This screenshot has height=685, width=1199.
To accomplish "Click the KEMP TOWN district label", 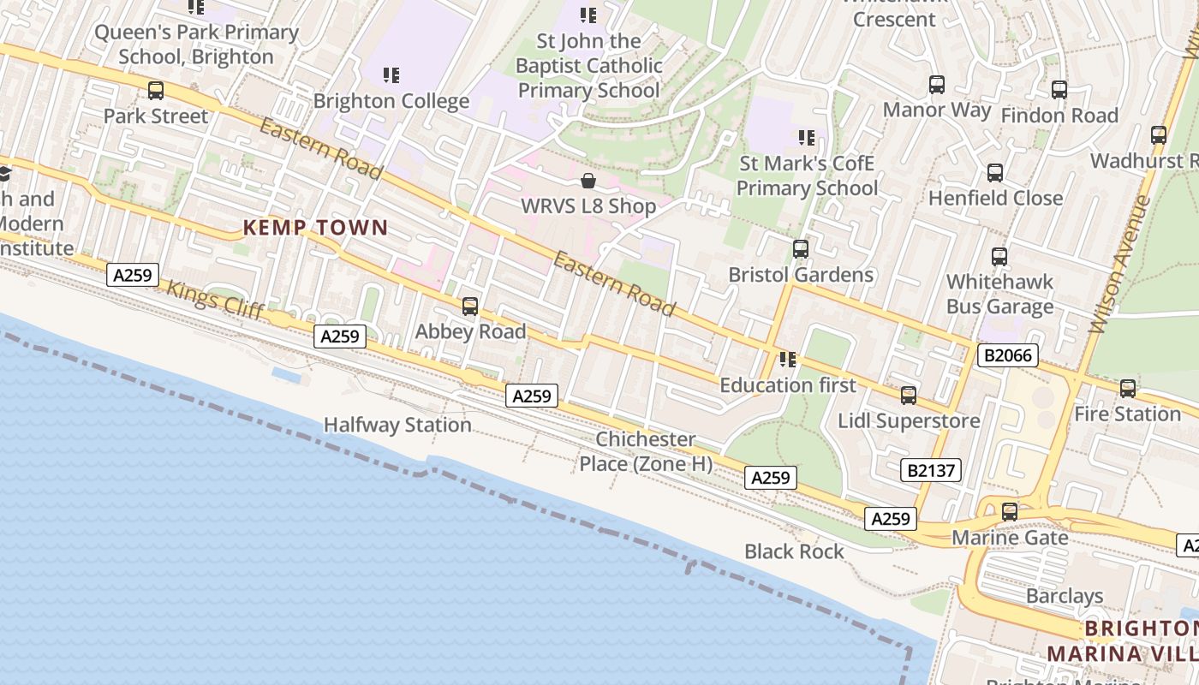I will (x=315, y=228).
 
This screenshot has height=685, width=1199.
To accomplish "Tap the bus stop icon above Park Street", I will (x=156, y=90).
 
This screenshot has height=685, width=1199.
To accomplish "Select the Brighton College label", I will (x=391, y=101).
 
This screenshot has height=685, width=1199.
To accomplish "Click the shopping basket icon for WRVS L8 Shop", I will (x=588, y=181).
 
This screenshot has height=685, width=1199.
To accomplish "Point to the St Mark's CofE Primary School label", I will (x=807, y=176).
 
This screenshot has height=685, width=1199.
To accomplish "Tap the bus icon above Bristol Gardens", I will (x=801, y=249).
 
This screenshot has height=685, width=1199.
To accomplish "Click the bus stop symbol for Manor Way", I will (x=937, y=85).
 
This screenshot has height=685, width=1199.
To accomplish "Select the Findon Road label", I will (x=1059, y=116).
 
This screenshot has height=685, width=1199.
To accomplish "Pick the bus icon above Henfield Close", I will (x=995, y=173).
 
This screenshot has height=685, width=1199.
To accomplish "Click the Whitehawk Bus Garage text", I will (x=999, y=294).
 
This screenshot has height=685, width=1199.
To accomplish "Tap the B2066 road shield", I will (x=1007, y=355).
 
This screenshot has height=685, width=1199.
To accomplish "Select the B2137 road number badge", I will (x=932, y=470).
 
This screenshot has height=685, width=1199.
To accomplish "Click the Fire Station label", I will (x=1127, y=414).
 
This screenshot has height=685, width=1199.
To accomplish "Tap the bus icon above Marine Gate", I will (x=1011, y=512).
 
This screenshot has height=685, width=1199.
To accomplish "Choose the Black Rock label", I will (x=794, y=551).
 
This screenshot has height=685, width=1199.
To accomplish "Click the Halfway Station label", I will (x=397, y=425).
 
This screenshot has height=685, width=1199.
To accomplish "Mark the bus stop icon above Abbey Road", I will (x=470, y=307).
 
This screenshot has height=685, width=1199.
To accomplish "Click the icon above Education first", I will (x=787, y=360).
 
